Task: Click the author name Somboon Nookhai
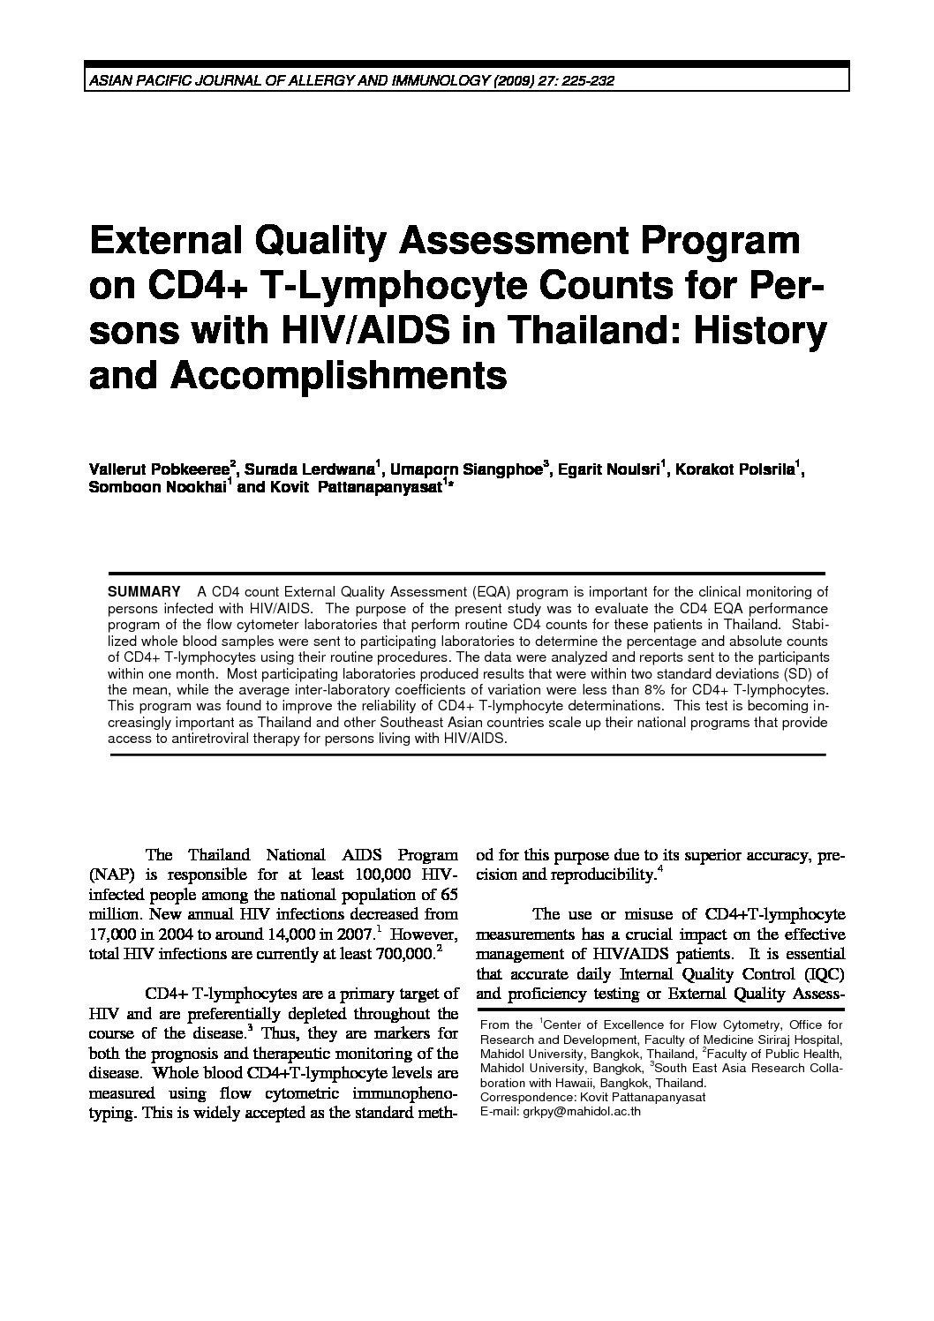pos(157,490)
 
